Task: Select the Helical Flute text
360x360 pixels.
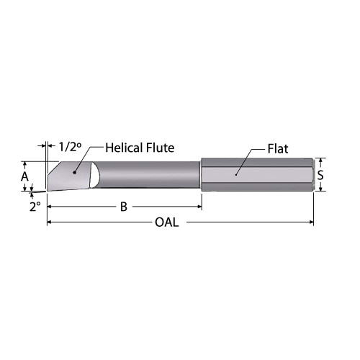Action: (140, 148)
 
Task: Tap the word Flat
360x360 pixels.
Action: (277, 149)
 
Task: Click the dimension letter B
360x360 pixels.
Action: (124, 207)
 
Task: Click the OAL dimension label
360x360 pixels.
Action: (167, 222)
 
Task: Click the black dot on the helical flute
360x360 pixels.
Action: (74, 173)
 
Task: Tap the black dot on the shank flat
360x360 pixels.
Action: (236, 174)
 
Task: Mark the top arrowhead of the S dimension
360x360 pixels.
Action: (322, 161)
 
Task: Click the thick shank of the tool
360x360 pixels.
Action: (274, 174)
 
